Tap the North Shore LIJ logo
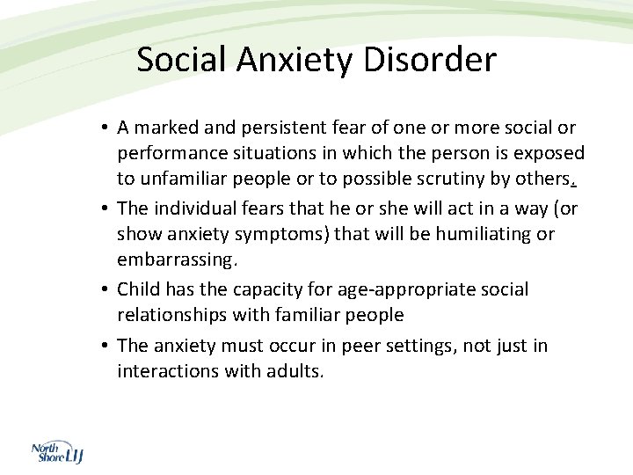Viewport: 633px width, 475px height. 57,453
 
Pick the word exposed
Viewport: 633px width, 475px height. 551,154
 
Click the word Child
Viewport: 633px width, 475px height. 138,289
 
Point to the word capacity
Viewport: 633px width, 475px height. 254,289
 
